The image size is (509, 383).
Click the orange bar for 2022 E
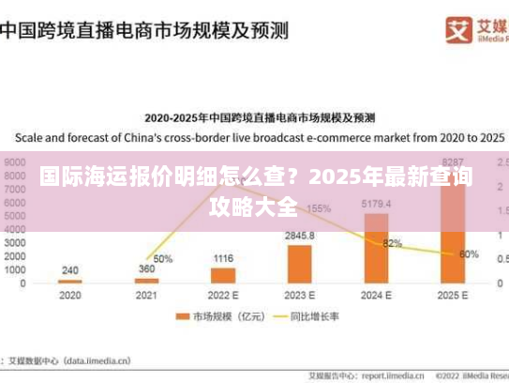[x=223, y=275]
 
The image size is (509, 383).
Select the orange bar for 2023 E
[x=300, y=264]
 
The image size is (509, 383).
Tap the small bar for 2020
[x=69, y=282]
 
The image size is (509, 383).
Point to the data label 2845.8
[x=300, y=235]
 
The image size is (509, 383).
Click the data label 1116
[x=223, y=257]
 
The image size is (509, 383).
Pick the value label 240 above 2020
[x=69, y=270]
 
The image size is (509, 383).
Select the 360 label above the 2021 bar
[x=146, y=268]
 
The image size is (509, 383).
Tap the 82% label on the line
[x=393, y=243]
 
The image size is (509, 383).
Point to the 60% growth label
[x=470, y=253]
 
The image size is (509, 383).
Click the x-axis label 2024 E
[x=376, y=295]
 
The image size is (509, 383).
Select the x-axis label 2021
[x=146, y=295]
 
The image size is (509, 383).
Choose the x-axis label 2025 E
[x=453, y=295]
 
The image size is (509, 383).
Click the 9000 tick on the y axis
[x=15, y=161]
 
